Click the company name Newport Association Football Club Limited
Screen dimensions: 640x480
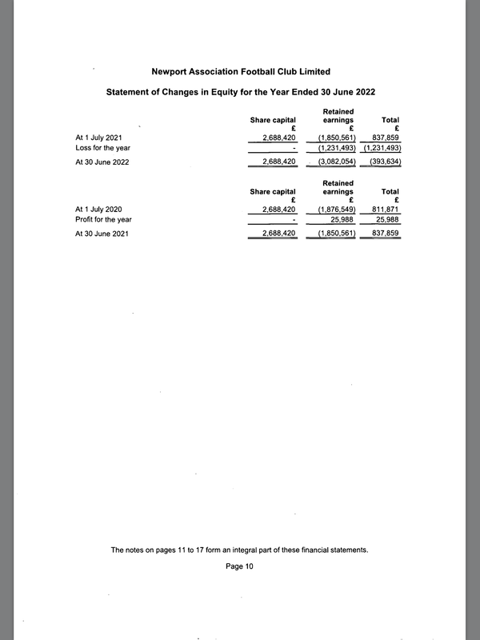click(x=240, y=72)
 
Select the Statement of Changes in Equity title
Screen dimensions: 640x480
click(x=240, y=93)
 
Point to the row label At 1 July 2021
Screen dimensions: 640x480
click(x=98, y=138)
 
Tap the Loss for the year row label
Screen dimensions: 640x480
click(x=102, y=148)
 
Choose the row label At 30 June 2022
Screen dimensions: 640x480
click(x=102, y=162)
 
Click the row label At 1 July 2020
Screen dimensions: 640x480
click(x=98, y=209)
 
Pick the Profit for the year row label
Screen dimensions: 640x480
click(x=103, y=219)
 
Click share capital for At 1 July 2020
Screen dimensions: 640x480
click(x=279, y=209)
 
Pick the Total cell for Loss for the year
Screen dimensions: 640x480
click(x=382, y=148)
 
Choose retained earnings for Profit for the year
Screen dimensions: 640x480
click(x=342, y=219)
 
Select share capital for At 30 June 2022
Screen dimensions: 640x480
click(x=279, y=162)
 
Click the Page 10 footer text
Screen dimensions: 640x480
click(x=239, y=566)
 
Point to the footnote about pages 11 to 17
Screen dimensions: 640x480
click(x=239, y=550)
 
